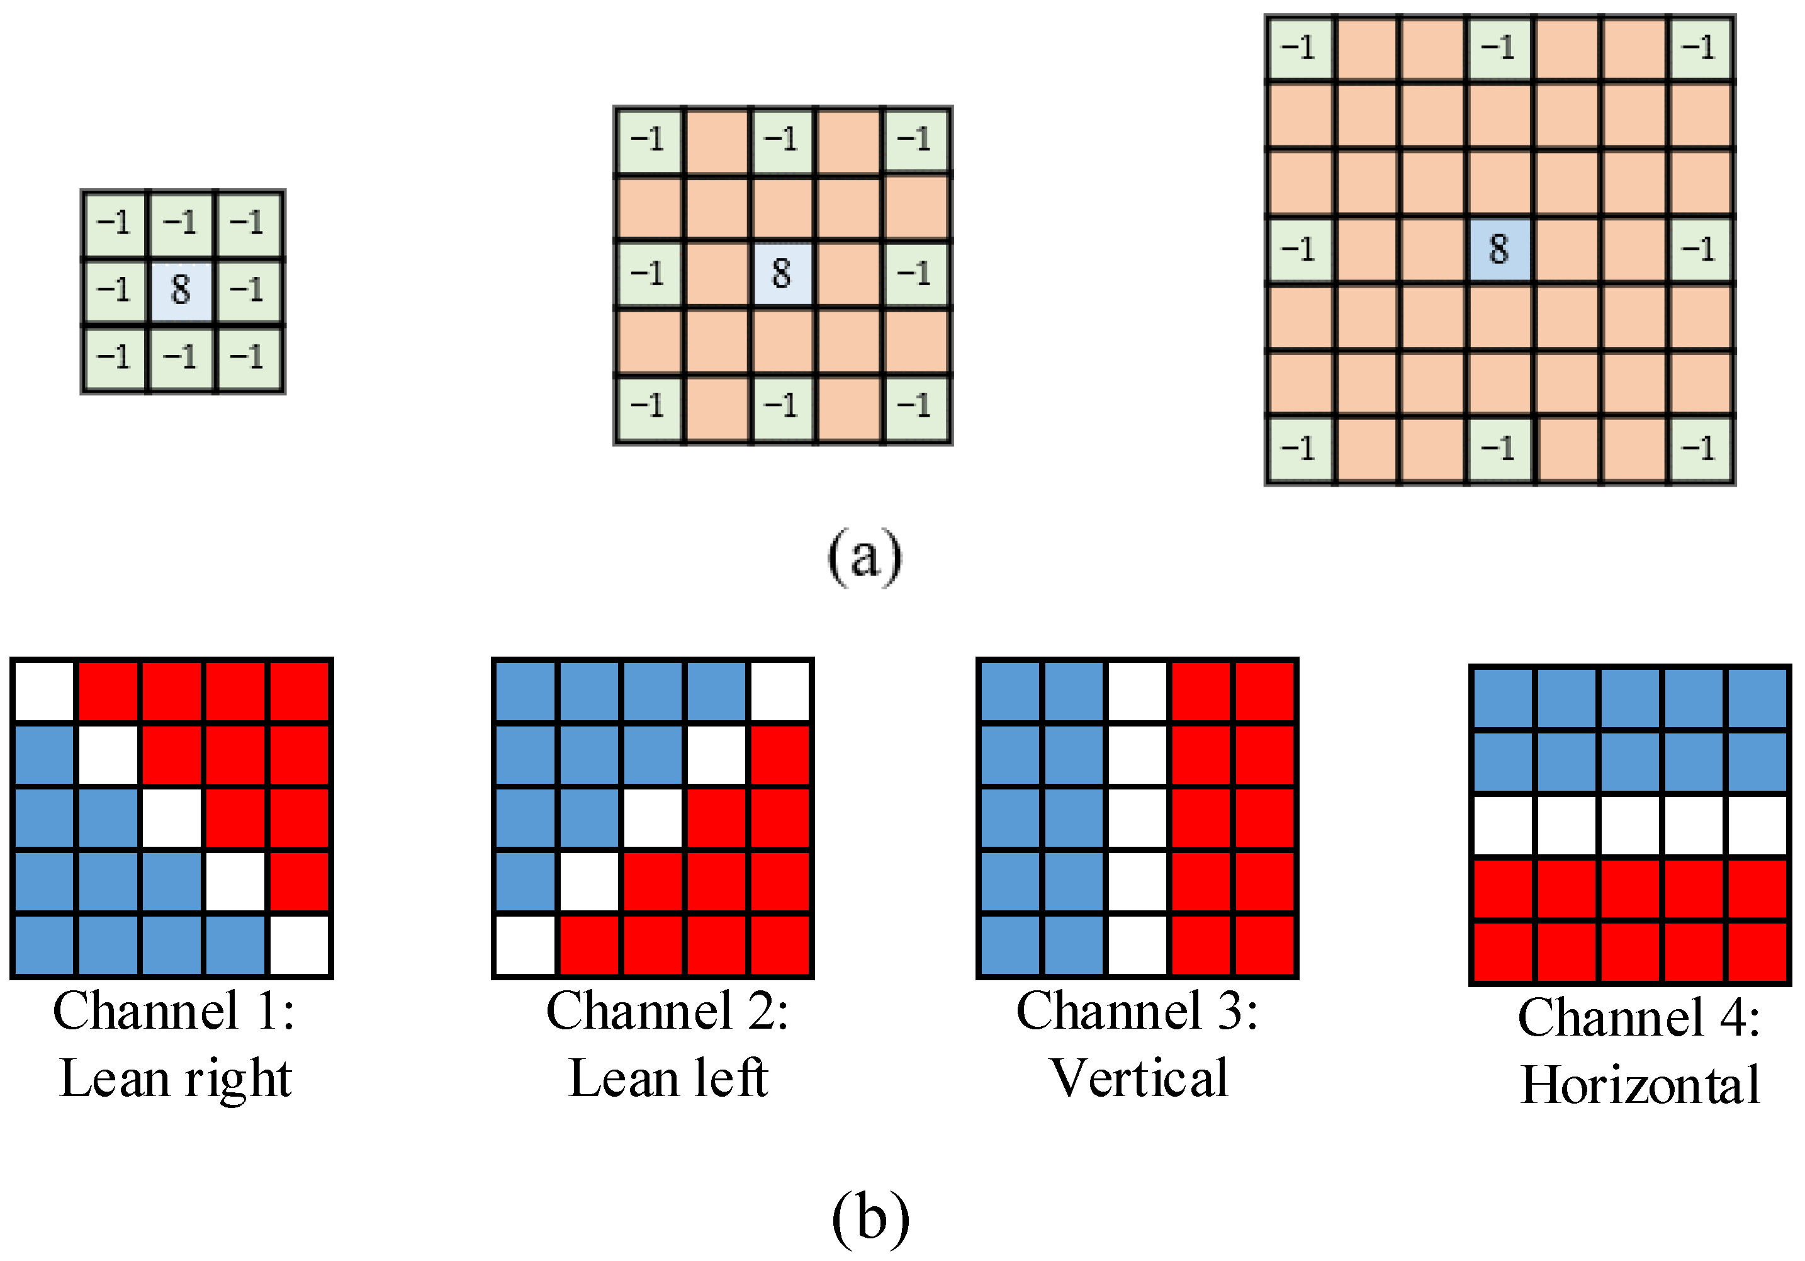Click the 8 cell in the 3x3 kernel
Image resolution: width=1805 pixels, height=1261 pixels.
(x=181, y=290)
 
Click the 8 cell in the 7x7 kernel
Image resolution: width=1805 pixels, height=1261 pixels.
(x=1499, y=249)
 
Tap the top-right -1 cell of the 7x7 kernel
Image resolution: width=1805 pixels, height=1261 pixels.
(x=1700, y=47)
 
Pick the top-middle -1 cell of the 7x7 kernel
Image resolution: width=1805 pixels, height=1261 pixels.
(x=1499, y=47)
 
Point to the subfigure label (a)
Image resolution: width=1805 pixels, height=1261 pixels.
(x=865, y=557)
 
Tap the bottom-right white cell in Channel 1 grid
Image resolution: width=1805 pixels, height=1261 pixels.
(x=299, y=946)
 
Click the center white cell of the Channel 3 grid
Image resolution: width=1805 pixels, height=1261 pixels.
(x=1137, y=818)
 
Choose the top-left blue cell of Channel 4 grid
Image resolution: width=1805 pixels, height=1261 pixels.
(x=1502, y=698)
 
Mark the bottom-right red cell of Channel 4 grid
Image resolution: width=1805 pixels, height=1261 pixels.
(x=1758, y=952)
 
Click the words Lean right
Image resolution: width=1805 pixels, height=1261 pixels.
(x=176, y=1078)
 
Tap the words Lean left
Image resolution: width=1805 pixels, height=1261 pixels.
(x=668, y=1078)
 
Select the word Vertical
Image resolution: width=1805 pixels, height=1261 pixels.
(x=1139, y=1078)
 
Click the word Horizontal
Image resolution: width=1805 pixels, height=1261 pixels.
(x=1640, y=1086)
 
